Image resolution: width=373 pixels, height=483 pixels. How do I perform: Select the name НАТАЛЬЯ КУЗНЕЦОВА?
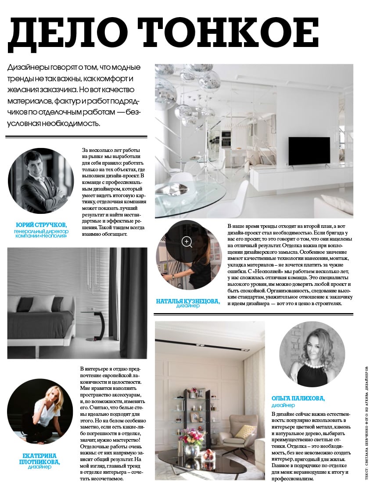[x=188, y=301]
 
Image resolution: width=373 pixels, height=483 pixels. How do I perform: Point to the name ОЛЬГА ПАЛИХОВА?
[x=298, y=398]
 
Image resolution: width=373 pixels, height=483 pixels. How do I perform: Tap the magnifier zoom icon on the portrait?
[x=187, y=241]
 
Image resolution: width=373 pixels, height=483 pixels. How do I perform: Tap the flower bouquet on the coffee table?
[x=192, y=438]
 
